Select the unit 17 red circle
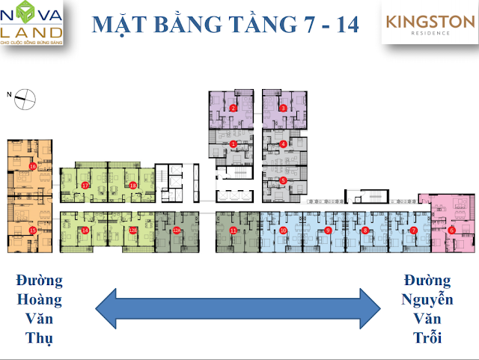pyautogui.click(x=86, y=185)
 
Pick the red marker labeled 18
pyautogui.click(x=133, y=185)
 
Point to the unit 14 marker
pyautogui.click(x=86, y=230)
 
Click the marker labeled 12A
pyautogui.click(x=132, y=230)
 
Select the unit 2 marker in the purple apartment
pyautogui.click(x=234, y=109)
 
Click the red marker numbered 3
pyautogui.click(x=283, y=109)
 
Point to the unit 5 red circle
pyautogui.click(x=283, y=180)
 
